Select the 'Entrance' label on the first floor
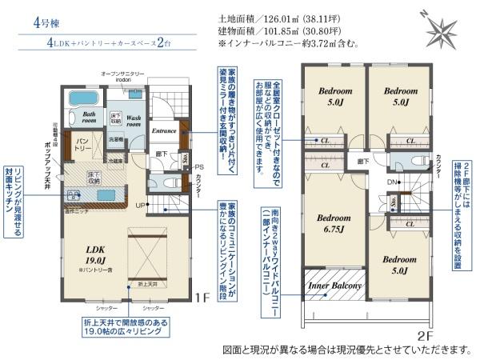tap(164, 130)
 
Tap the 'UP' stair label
tap(139, 206)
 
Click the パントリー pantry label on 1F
tap(83, 145)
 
